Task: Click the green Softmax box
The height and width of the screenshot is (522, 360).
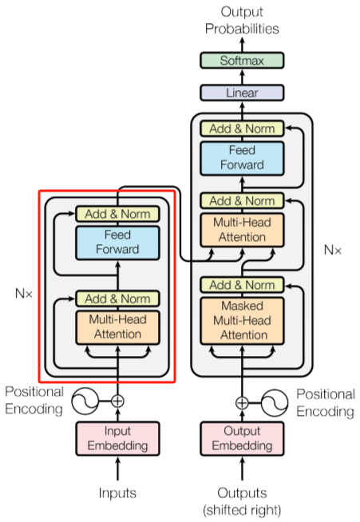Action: coord(241,60)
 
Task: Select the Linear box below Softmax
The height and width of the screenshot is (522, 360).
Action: coord(241,93)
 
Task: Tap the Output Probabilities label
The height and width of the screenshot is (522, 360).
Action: coord(241,21)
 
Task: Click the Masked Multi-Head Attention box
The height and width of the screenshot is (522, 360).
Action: coord(241,320)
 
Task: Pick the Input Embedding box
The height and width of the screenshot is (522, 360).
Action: coord(117,437)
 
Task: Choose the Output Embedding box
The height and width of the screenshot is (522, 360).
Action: coord(241,437)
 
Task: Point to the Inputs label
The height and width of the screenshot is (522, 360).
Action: coord(117,492)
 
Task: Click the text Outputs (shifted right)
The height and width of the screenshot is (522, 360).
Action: coord(241,500)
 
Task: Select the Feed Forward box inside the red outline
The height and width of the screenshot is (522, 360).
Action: coord(117,242)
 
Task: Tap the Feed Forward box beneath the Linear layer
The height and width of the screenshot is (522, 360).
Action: coord(241,157)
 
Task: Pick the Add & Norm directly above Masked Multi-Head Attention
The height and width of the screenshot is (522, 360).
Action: coord(241,285)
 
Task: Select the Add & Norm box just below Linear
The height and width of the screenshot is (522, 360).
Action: coord(241,128)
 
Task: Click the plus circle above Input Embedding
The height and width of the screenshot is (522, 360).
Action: coord(117,401)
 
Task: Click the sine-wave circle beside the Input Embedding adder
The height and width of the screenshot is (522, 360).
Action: coord(87,401)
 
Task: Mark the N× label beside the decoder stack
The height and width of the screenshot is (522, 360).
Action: coord(333,250)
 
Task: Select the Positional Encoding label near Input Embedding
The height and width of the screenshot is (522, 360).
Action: coord(34,401)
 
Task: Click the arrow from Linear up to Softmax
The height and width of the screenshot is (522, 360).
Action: coord(241,77)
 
